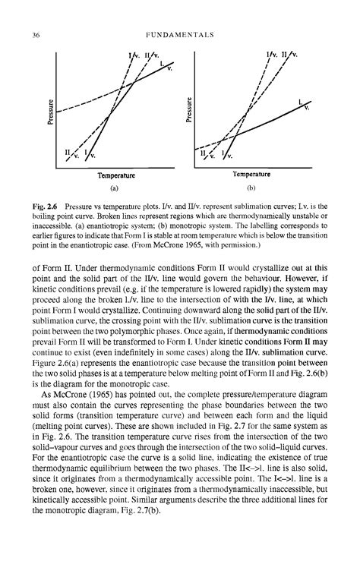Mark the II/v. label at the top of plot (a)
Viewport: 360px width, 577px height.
(x=152, y=55)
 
